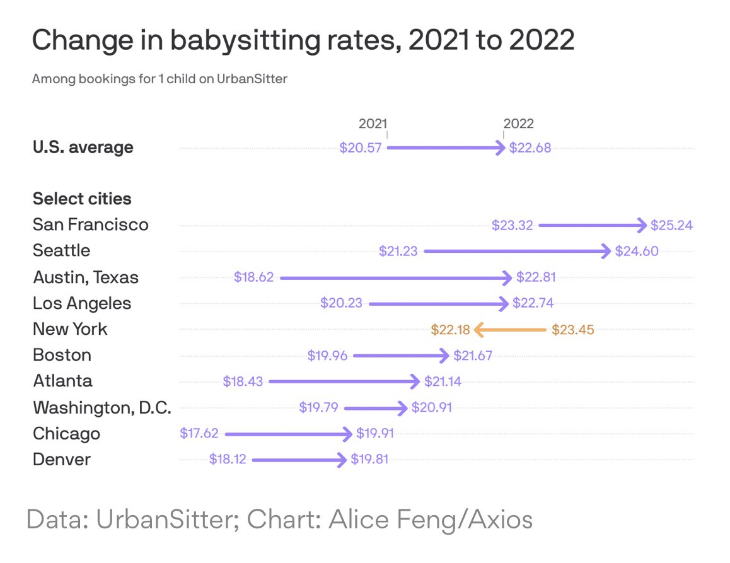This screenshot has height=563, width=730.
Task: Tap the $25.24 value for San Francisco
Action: pyautogui.click(x=672, y=225)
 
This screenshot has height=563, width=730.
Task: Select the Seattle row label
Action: pyautogui.click(x=61, y=251)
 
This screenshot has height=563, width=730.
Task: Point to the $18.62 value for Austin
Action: pyautogui.click(x=253, y=277)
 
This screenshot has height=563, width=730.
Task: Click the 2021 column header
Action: pyautogui.click(x=373, y=124)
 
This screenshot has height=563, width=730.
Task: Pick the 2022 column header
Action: pyautogui.click(x=518, y=124)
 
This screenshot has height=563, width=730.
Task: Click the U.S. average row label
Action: pyautogui.click(x=83, y=148)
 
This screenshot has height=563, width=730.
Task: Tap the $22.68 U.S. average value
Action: pyautogui.click(x=530, y=148)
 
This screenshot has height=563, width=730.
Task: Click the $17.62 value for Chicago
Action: pyautogui.click(x=200, y=433)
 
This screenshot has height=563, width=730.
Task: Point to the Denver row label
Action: pyautogui.click(x=61, y=459)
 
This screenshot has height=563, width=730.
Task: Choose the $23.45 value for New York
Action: pyautogui.click(x=572, y=329)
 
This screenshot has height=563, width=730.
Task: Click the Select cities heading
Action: pyautogui.click(x=82, y=199)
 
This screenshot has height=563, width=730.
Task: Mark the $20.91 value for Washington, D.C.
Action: pyautogui.click(x=431, y=407)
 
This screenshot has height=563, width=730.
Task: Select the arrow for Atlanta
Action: pyautogui.click(x=344, y=381)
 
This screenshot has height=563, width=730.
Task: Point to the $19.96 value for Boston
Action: pyautogui.click(x=327, y=356)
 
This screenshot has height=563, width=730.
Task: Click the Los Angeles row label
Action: pyautogui.click(x=82, y=303)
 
